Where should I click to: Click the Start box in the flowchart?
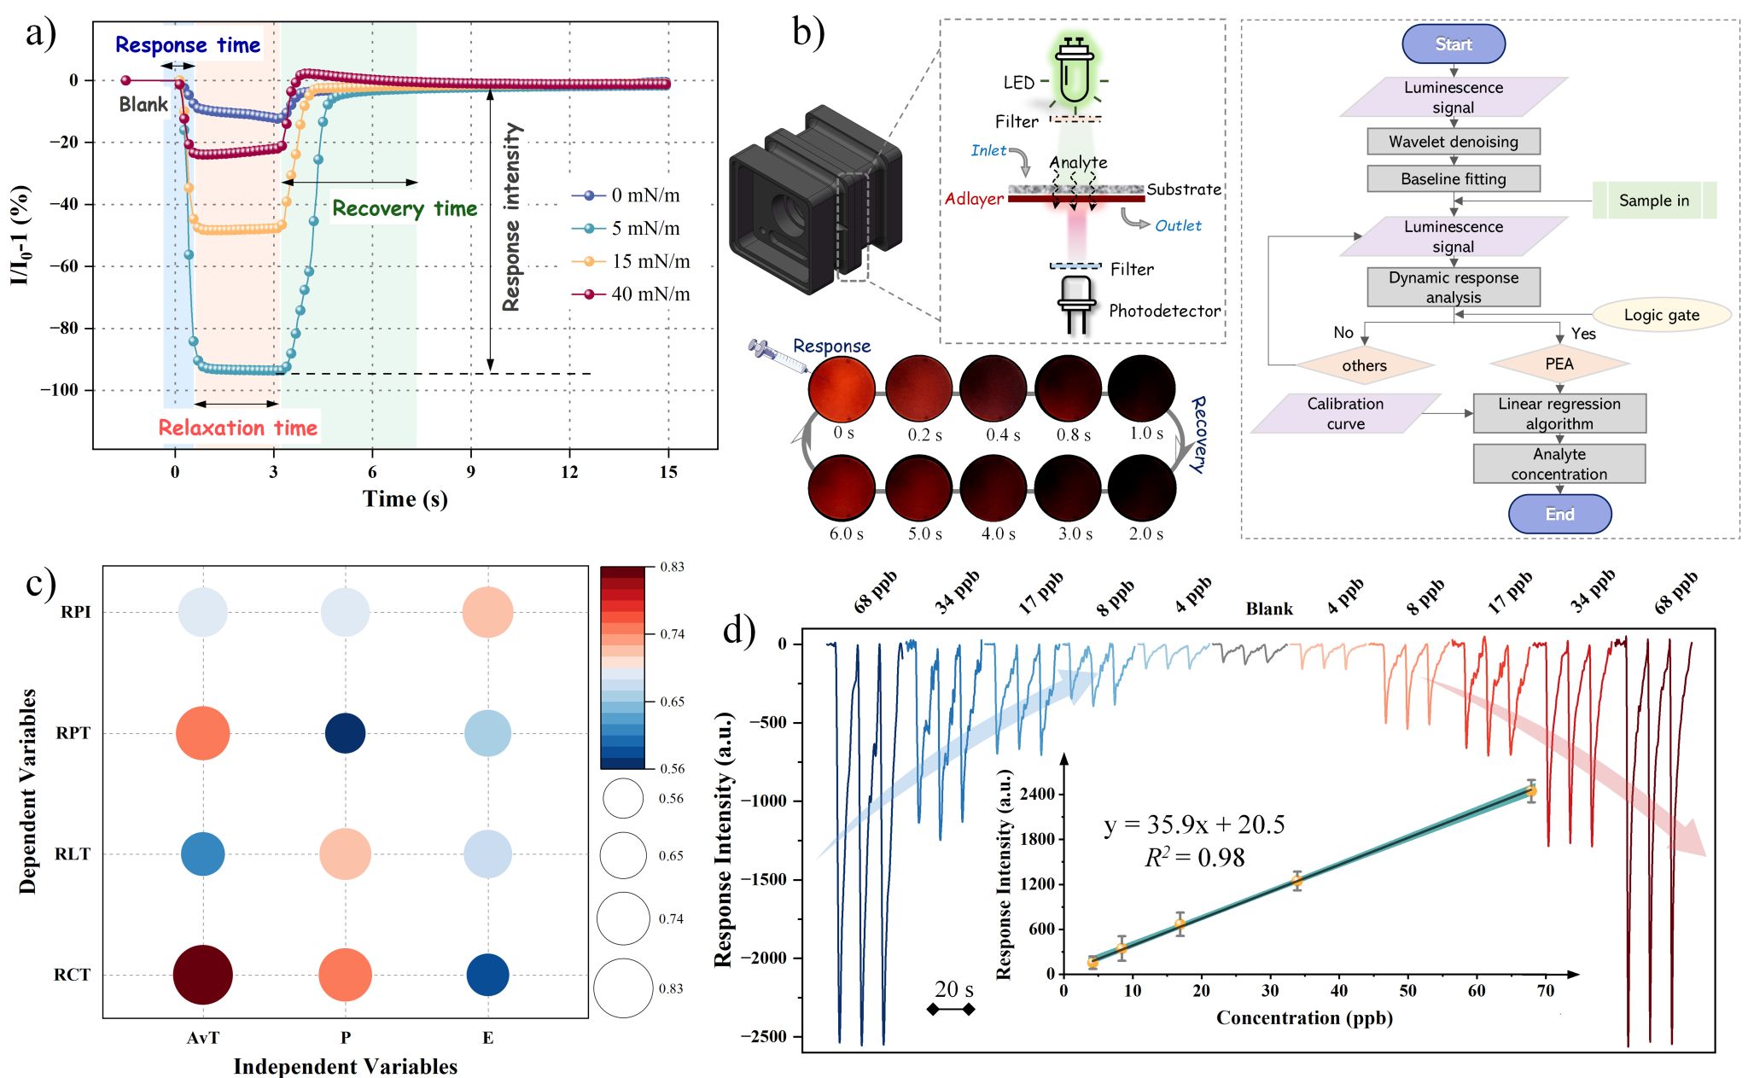click(1453, 44)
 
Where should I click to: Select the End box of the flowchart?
click(1559, 514)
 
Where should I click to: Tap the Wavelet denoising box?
click(1453, 142)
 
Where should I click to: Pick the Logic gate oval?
click(1661, 315)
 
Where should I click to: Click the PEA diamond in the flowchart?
click(1559, 364)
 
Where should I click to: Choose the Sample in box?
click(1654, 201)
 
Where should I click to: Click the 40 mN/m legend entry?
click(632, 294)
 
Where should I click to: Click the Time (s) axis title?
click(405, 499)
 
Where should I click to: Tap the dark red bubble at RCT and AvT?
click(203, 975)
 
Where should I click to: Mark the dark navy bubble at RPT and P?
click(346, 733)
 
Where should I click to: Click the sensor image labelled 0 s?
click(842, 389)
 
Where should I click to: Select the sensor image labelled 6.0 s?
click(842, 488)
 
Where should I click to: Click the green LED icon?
click(1074, 73)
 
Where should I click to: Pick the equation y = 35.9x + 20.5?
click(1194, 825)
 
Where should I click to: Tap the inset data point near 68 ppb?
click(1531, 791)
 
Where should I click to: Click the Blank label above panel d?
click(1269, 609)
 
